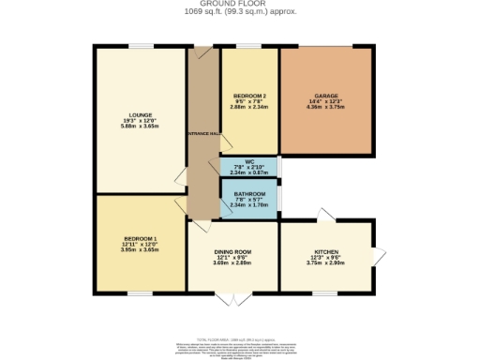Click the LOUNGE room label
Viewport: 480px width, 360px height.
(x=141, y=115)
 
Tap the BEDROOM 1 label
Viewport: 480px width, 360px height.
(x=141, y=239)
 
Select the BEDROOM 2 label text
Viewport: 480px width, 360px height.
(x=249, y=97)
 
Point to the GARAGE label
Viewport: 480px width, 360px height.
(x=326, y=97)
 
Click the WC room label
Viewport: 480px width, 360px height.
(x=249, y=160)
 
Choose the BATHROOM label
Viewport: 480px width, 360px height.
(x=249, y=194)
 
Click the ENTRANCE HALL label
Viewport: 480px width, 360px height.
(x=200, y=135)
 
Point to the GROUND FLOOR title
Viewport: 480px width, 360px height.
(x=240, y=4)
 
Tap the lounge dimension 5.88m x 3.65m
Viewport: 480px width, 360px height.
(x=141, y=128)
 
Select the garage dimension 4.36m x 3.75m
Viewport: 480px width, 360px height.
(x=326, y=109)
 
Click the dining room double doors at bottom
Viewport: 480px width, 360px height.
(x=232, y=298)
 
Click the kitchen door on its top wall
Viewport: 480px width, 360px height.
(x=323, y=217)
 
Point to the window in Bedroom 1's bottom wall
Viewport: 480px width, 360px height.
(x=141, y=292)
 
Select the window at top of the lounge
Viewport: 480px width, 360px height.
(x=141, y=45)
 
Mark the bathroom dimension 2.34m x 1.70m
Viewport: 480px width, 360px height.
(x=249, y=205)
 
